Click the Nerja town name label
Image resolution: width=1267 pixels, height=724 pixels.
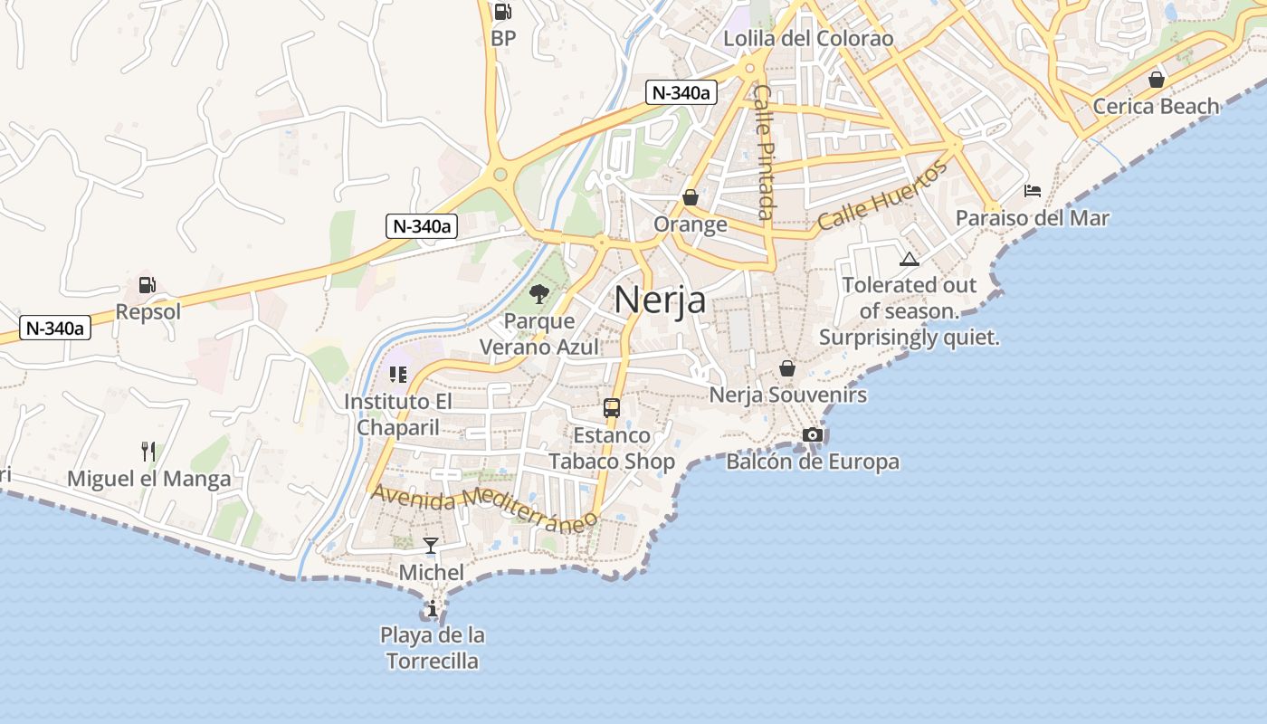pos(660,300)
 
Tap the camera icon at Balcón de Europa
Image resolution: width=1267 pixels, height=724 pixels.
pos(813,435)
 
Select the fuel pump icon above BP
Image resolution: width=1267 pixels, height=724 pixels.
pos(502,12)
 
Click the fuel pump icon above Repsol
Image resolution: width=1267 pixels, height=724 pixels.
pos(147,285)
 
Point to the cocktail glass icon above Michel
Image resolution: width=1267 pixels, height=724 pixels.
pos(431,545)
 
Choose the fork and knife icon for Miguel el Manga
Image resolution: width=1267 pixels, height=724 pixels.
pos(148,451)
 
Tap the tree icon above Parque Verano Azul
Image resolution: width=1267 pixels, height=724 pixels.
pos(539,293)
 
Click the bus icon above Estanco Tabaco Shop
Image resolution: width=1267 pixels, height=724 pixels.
pos(612,407)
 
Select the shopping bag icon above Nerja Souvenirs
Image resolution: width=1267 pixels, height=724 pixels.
pos(787,368)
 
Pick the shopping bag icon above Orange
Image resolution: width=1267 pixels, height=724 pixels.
pos(691,197)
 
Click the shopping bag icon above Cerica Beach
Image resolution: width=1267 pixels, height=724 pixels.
pos(1156,80)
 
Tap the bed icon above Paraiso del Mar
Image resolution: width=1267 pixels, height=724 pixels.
pos(1033,191)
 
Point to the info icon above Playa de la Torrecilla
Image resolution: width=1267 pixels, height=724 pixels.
pos(433,608)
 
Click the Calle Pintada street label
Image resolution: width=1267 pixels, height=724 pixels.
pos(765,152)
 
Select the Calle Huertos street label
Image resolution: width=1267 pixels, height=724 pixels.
pos(881,195)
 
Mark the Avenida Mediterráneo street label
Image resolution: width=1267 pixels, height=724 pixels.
pos(485,507)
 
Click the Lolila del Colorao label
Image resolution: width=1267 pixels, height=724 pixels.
pos(808,39)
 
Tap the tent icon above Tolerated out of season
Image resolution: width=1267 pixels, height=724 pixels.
pos(909,260)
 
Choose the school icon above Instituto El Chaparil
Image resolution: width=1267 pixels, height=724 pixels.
pos(397,374)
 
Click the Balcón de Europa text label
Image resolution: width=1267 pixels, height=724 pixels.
pos(813,462)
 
